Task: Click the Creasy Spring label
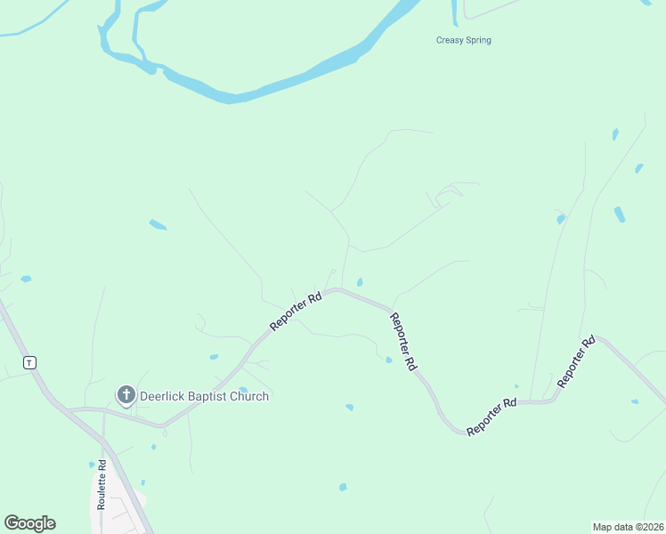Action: pos(463,40)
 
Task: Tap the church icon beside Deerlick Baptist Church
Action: pos(126,394)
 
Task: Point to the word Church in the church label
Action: pos(250,396)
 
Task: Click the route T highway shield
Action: pos(30,362)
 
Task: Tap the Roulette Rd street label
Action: pos(102,484)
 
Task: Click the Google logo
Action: pos(29,523)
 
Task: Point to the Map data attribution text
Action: pos(628,526)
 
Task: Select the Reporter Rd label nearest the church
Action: pos(296,313)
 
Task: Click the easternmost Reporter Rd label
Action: pos(576,360)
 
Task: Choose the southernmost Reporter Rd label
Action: pos(491,416)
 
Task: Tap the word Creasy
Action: pos(450,40)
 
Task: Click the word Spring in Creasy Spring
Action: pos(477,40)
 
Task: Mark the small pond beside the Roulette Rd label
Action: pos(92,465)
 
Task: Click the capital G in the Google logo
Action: pos(12,523)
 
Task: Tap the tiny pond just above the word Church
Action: pos(243,389)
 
